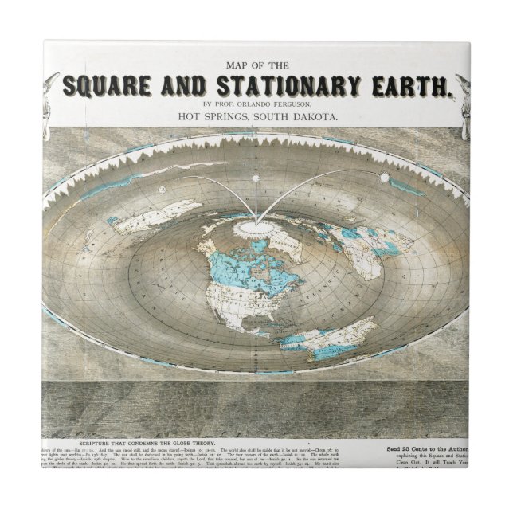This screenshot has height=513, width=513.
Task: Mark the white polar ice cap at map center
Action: coord(256,228)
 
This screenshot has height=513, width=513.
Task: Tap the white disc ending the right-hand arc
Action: coord(385,178)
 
